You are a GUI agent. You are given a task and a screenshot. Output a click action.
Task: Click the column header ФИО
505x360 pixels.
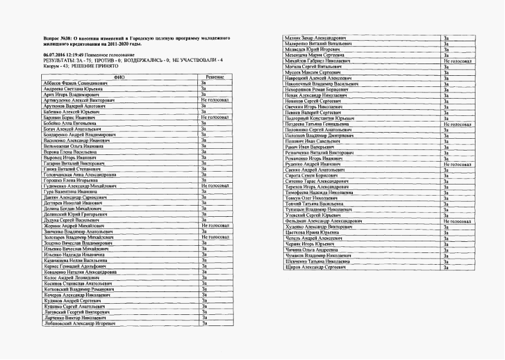[x=120, y=76]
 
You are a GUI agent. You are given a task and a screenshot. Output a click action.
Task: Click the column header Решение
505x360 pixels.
[x=215, y=76]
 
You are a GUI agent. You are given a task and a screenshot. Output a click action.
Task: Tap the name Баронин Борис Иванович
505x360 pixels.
[x=70, y=118]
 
